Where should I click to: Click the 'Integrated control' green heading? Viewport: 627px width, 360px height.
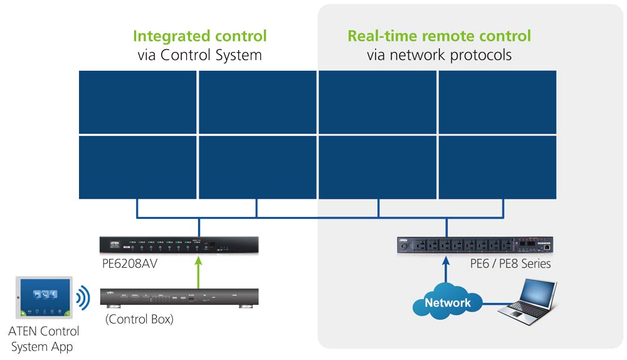point(199,36)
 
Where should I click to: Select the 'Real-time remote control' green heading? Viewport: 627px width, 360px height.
point(439,36)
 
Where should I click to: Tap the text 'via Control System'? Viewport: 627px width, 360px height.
point(199,55)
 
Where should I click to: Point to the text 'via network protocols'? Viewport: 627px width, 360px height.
point(439,55)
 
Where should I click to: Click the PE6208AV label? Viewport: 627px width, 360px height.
point(130,263)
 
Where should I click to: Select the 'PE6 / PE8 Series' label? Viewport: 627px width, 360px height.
point(510,263)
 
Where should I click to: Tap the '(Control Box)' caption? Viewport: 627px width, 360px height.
point(139,319)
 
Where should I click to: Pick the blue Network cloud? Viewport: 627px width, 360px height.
point(447,303)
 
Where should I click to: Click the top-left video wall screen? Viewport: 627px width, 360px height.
point(138,102)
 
